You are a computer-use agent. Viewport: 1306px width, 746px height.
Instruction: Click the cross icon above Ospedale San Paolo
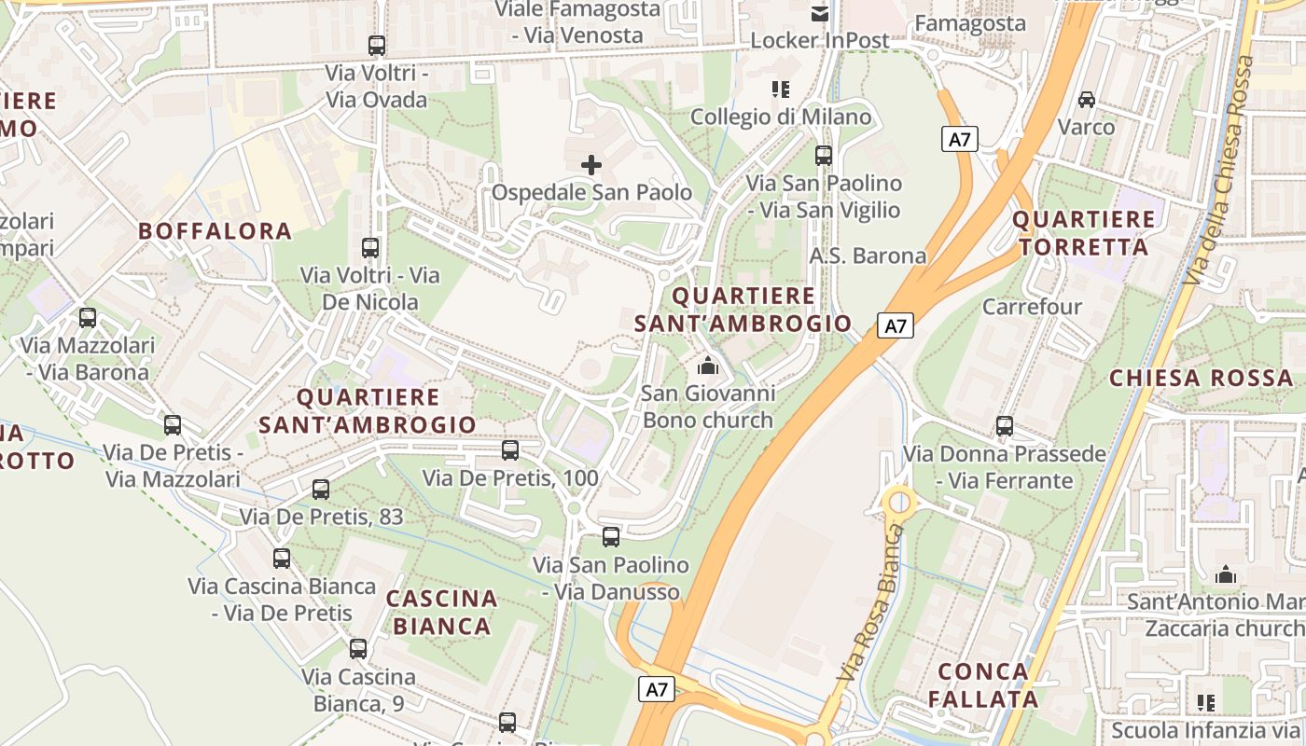point(591,165)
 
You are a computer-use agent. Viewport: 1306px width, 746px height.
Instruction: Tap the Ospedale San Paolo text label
point(591,193)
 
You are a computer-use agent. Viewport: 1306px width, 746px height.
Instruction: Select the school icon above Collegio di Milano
point(781,90)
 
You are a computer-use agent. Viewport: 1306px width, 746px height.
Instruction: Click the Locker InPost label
point(819,41)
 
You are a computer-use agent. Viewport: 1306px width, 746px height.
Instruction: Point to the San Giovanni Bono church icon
point(708,366)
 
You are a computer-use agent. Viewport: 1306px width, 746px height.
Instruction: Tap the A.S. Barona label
point(868,256)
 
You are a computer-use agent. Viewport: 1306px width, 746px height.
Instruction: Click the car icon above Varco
point(1086,99)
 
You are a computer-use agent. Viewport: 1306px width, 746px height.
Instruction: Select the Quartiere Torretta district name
point(1083,233)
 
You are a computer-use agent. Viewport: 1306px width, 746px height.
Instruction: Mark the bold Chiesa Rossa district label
point(1201,378)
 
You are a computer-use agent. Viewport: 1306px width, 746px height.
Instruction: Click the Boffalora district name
point(215,231)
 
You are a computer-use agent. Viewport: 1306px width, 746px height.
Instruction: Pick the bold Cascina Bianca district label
point(442,612)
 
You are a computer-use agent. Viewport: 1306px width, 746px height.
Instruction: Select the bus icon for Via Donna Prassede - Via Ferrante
point(1004,426)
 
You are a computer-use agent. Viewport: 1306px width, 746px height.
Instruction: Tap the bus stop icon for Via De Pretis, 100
point(509,450)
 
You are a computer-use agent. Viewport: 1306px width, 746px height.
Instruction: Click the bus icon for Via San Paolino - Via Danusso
point(610,537)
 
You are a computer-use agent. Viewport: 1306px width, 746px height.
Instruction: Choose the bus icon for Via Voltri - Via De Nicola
point(369,248)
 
